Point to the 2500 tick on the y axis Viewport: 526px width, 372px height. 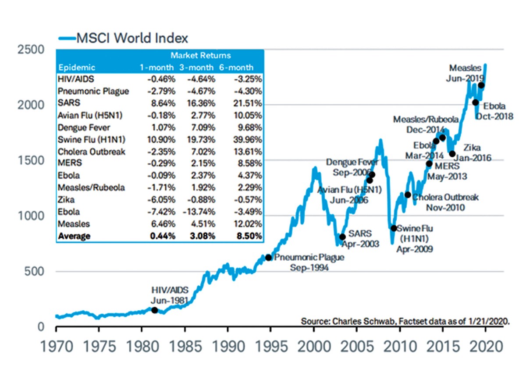pos(30,49)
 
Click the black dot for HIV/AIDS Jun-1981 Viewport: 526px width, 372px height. pos(154,310)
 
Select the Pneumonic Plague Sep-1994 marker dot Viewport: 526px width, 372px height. pos(269,257)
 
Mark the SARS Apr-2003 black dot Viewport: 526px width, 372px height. pos(342,237)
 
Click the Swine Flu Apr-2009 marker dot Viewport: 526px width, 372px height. pos(394,228)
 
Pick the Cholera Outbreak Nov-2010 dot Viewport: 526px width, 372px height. pos(408,195)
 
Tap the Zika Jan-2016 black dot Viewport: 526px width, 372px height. pos(452,154)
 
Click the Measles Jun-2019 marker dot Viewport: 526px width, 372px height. pos(481,85)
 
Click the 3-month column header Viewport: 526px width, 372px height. pos(196,68)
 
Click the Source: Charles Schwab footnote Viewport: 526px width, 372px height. pos(405,321)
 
